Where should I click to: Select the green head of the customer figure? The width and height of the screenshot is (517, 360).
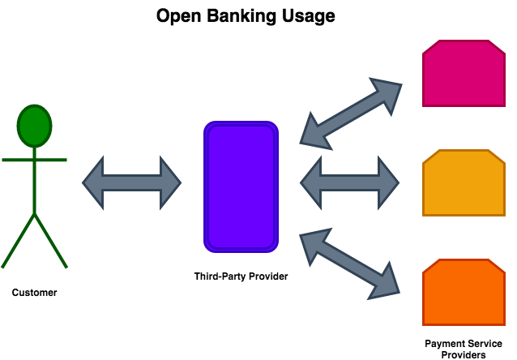(x=34, y=126)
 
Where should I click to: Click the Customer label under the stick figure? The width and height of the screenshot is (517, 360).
(x=34, y=293)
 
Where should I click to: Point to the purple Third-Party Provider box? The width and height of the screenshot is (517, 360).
(x=241, y=186)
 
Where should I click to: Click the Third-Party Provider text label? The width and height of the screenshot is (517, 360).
(x=241, y=276)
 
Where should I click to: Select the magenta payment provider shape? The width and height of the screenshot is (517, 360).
(x=463, y=75)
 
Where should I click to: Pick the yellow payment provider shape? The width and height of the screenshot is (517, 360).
(x=463, y=183)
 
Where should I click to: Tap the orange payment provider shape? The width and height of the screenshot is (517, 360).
(x=463, y=292)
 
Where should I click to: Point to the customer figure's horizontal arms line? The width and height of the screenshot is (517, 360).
(x=34, y=160)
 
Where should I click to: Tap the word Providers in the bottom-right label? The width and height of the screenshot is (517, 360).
(x=463, y=354)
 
